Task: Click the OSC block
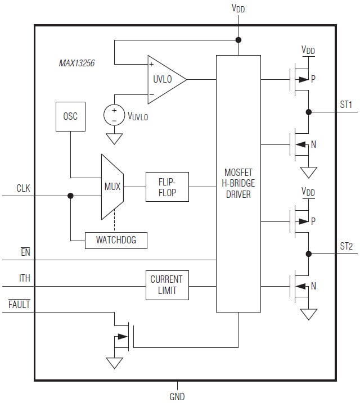(x=70, y=117)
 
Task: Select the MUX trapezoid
(x=112, y=187)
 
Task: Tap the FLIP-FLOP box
(x=167, y=187)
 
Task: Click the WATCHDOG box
(x=117, y=241)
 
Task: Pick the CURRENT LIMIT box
(x=167, y=286)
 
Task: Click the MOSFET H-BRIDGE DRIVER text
(x=238, y=183)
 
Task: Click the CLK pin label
(x=23, y=188)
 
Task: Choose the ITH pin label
(x=25, y=278)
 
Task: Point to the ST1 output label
(x=346, y=104)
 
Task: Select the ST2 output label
(x=346, y=246)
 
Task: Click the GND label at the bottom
(x=177, y=396)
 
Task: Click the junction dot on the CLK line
(x=70, y=196)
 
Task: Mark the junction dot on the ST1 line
(x=308, y=112)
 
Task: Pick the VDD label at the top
(x=238, y=8)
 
